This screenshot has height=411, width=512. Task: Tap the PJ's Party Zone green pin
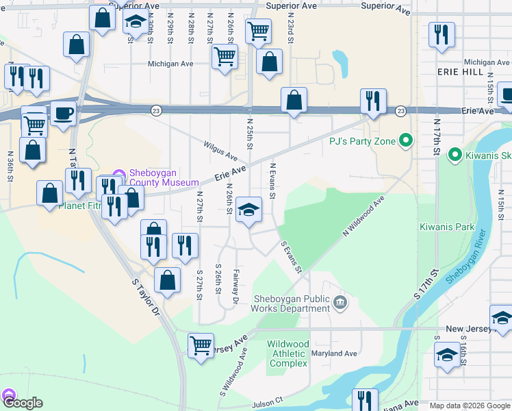406,142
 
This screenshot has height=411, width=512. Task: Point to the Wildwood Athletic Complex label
287,353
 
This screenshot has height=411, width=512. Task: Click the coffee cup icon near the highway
64,113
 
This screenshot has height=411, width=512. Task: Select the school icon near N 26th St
248,210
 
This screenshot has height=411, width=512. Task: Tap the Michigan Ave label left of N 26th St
171,64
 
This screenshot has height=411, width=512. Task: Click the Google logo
22,403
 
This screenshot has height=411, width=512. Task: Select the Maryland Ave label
335,353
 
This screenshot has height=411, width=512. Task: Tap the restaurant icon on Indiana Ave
365,400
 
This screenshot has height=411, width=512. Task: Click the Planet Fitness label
81,205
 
